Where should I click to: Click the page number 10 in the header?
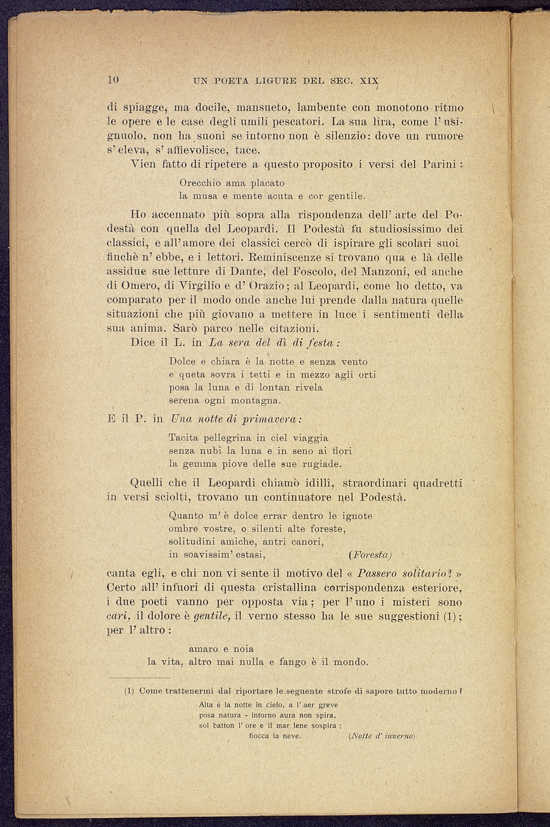coord(112,80)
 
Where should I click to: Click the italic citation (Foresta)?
coord(370,555)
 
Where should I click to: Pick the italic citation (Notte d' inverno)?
coord(382,736)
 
